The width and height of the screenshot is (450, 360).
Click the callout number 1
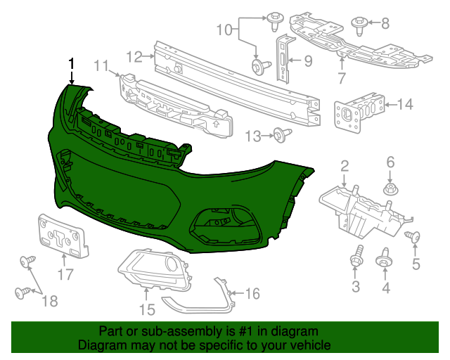[71, 63]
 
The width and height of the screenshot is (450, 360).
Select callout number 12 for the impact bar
[134, 56]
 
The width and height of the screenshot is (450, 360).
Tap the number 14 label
[405, 105]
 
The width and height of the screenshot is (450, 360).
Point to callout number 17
[65, 274]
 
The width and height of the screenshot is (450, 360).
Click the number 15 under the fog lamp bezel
[146, 308]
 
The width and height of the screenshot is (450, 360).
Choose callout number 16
[251, 293]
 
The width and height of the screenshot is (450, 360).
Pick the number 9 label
[307, 61]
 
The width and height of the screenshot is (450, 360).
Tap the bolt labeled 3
[355, 259]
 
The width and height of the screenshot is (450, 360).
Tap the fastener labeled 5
[414, 238]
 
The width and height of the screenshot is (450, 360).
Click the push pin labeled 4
[385, 259]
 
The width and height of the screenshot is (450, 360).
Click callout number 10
[223, 30]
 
